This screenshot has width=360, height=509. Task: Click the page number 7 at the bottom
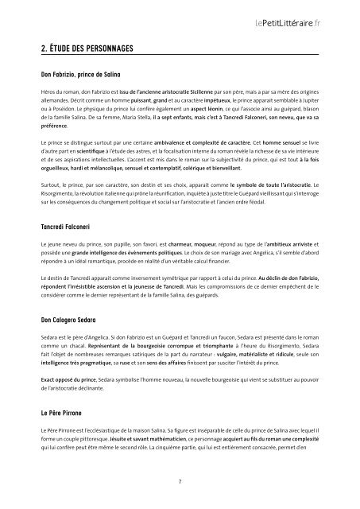pos(180,481)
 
